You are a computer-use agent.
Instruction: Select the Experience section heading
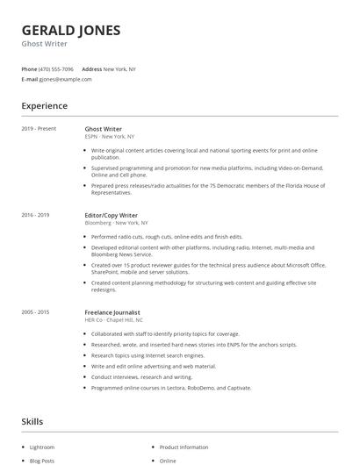[x=45, y=106]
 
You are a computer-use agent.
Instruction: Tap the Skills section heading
[x=32, y=422]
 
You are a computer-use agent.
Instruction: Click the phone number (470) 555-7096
[x=56, y=68]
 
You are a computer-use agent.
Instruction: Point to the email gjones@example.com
[x=65, y=79]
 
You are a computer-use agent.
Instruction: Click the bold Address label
[x=91, y=68]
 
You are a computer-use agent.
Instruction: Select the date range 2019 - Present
[x=39, y=129]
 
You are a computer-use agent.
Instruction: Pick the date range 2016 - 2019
[x=35, y=215]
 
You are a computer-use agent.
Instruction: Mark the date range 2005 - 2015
[x=35, y=312]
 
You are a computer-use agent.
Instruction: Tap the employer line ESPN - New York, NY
[x=110, y=137]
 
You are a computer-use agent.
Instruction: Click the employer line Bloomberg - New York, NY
[x=117, y=223]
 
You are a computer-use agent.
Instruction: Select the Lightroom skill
[x=42, y=447]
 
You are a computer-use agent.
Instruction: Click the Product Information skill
[x=184, y=447]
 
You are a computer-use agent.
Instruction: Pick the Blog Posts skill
[x=42, y=461]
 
